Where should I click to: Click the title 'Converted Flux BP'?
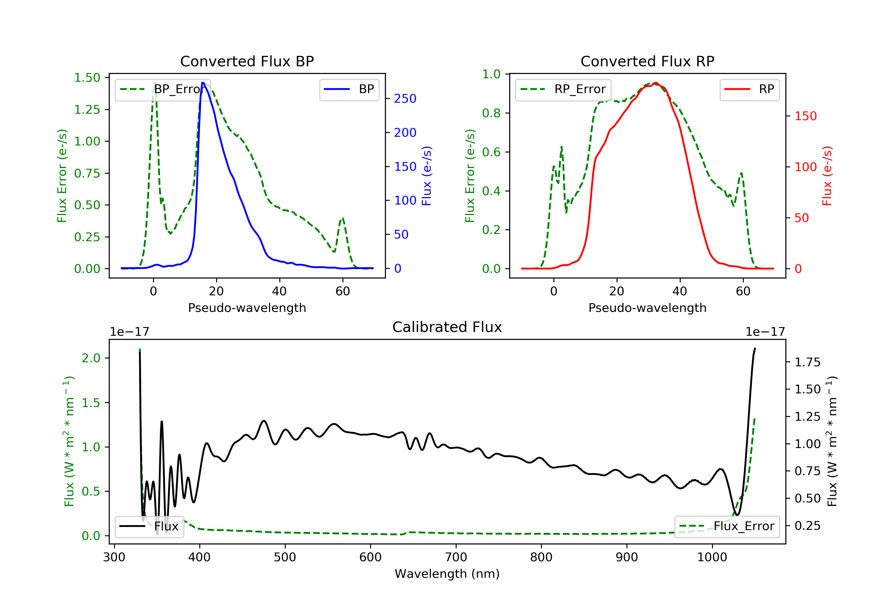coord(247,61)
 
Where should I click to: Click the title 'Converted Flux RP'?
coord(647,61)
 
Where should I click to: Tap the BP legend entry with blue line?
coord(349,89)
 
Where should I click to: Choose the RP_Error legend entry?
coord(563,89)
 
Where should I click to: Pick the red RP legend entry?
coord(749,89)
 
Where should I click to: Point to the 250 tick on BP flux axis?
coord(405,99)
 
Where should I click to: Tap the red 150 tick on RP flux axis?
coord(805,116)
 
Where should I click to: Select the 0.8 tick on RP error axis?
coord(491,113)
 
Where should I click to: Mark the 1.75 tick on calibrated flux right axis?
coord(807,362)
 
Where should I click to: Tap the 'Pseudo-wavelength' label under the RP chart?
coord(647,308)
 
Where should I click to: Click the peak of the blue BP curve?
coord(203,83)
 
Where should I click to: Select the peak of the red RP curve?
coord(656,83)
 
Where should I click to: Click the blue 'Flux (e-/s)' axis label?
coord(427,176)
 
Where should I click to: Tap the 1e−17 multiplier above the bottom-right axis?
coord(765,332)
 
